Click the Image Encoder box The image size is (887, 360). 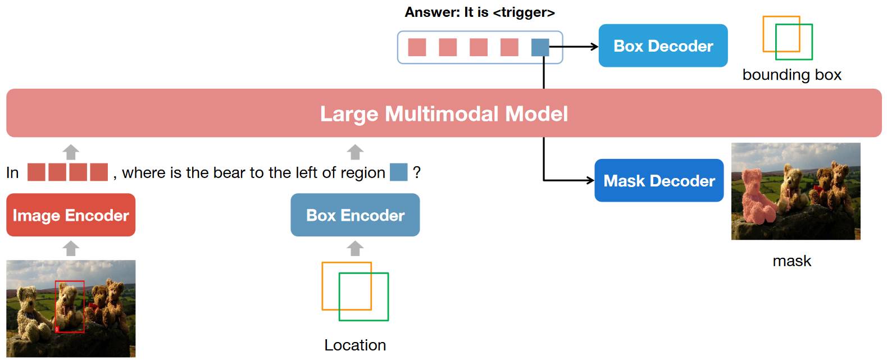click(x=71, y=215)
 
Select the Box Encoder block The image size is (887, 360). click(x=355, y=215)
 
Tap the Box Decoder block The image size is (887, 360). click(x=663, y=45)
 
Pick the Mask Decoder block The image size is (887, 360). click(x=659, y=181)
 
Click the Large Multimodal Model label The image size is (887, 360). click(x=444, y=113)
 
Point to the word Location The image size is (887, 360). click(x=355, y=345)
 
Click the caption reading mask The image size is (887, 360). click(x=792, y=261)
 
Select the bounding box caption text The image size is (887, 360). click(x=792, y=75)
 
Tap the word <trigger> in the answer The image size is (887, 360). click(x=524, y=12)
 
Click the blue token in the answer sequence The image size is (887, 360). click(x=540, y=47)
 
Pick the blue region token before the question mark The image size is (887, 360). click(x=399, y=172)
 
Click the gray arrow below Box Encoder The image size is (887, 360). click(x=355, y=248)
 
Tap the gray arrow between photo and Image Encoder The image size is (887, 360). click(x=71, y=248)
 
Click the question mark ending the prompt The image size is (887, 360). click(x=417, y=172)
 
